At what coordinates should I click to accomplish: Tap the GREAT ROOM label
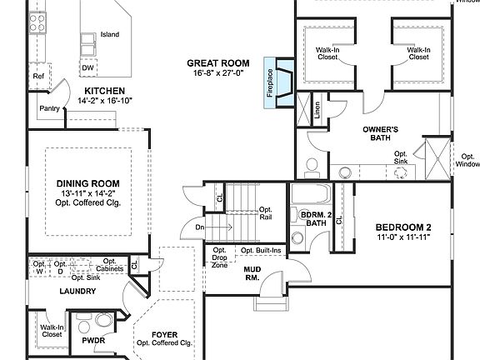pyautogui.click(x=218, y=62)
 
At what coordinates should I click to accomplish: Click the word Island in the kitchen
pyautogui.click(x=110, y=34)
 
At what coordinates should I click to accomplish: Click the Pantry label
pyautogui.click(x=50, y=108)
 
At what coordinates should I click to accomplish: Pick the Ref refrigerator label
pyautogui.click(x=37, y=77)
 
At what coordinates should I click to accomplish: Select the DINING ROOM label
pyautogui.click(x=87, y=183)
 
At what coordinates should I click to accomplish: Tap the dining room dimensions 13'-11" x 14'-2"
pyautogui.click(x=87, y=194)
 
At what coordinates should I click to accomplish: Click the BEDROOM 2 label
pyautogui.click(x=402, y=227)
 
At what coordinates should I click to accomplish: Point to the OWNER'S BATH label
pyautogui.click(x=380, y=134)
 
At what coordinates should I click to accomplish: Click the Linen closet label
pyautogui.click(x=317, y=111)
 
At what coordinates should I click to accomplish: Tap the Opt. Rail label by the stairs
pyautogui.click(x=267, y=213)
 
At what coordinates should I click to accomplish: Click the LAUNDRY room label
pyautogui.click(x=77, y=292)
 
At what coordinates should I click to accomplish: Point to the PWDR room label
pyautogui.click(x=92, y=340)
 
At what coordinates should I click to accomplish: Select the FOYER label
pyautogui.click(x=164, y=334)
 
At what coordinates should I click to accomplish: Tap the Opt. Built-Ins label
pyautogui.click(x=261, y=251)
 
